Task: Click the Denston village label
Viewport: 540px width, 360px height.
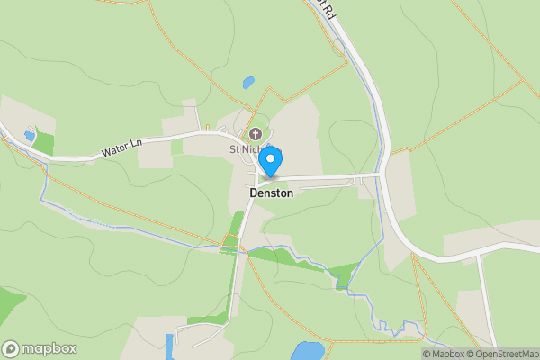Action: click(x=271, y=193)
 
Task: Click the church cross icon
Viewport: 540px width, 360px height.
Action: click(x=256, y=134)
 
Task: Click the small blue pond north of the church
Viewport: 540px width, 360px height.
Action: click(x=248, y=83)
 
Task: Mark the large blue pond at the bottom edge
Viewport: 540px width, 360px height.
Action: click(x=309, y=350)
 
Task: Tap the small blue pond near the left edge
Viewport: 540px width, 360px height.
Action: click(x=30, y=137)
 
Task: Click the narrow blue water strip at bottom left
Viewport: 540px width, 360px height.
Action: click(x=168, y=346)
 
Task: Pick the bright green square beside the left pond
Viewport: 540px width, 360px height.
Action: click(x=44, y=142)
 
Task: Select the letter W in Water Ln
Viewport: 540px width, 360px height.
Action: click(x=106, y=154)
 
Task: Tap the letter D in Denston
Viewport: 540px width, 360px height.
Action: click(x=252, y=193)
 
